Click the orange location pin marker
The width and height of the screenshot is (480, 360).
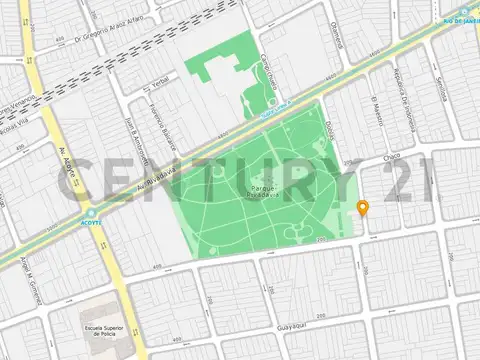click(x=362, y=208)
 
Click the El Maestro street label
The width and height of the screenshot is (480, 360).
click(x=375, y=113)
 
